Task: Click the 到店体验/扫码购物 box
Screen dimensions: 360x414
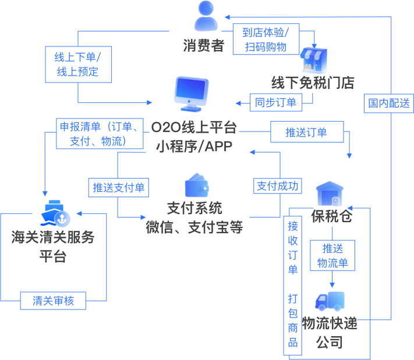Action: tap(266, 40)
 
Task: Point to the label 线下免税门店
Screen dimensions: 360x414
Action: tap(313, 83)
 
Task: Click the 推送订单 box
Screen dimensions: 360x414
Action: tap(306, 132)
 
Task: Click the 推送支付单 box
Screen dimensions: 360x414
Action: tap(118, 187)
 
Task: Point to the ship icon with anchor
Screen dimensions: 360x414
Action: tap(55, 214)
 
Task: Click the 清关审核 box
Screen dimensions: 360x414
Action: tap(52, 301)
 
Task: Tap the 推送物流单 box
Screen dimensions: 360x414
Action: tap(332, 256)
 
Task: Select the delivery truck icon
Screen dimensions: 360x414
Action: tap(330, 301)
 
